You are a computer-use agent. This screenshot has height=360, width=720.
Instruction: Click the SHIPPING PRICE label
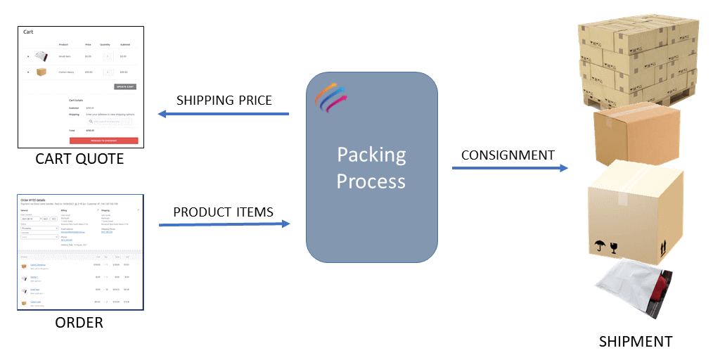coord(224,100)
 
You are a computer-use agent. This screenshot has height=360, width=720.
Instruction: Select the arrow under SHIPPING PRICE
coord(224,114)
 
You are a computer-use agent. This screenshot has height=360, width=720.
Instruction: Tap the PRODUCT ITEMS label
coord(223,212)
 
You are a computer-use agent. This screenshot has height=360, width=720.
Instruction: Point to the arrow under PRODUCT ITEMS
coord(224,224)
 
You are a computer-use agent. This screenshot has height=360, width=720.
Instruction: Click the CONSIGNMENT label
coord(508,155)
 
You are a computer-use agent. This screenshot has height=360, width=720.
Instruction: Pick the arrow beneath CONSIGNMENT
coord(509,168)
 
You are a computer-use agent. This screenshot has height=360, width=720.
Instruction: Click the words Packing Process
coord(371,167)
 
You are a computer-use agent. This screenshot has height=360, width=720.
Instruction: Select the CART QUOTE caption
coord(79,159)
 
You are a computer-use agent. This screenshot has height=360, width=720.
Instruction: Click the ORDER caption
coord(79,323)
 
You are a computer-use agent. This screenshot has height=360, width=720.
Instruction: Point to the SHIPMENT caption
coord(636,342)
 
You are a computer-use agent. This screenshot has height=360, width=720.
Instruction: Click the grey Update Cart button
coord(125,86)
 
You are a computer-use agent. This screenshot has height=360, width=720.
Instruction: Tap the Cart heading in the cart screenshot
coord(28,32)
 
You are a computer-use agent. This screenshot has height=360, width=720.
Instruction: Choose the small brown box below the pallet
coord(636,136)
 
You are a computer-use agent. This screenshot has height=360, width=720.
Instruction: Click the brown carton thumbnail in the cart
coord(41,71)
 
